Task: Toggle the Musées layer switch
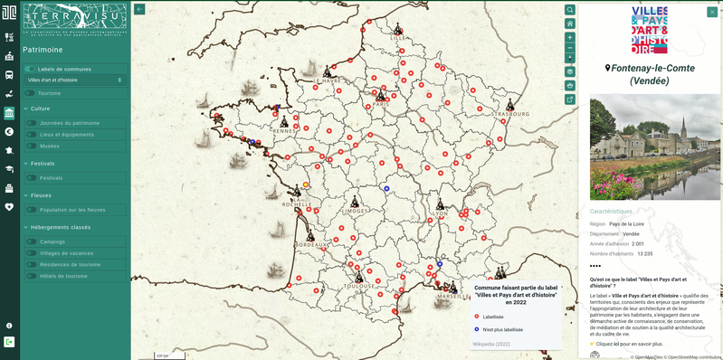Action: click(x=32, y=146)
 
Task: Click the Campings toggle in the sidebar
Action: click(x=32, y=242)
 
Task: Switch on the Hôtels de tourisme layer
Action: click(x=32, y=276)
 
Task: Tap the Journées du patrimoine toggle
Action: click(x=32, y=123)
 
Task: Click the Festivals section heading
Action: click(x=43, y=164)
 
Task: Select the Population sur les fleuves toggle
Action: click(x=32, y=210)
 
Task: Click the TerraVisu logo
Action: click(x=75, y=19)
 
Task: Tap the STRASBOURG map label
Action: click(x=511, y=115)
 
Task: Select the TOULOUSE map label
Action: click(x=359, y=286)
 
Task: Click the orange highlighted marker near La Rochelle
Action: click(x=306, y=185)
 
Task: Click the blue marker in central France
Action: click(x=386, y=188)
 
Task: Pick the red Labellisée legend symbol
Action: click(x=477, y=317)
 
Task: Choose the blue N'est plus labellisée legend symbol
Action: click(x=477, y=329)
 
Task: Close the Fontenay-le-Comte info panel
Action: click(x=711, y=12)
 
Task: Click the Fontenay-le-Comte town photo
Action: click(x=655, y=147)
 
